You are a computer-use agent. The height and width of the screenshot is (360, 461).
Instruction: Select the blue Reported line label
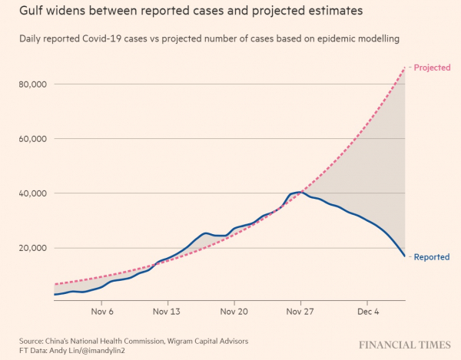pyautogui.click(x=432, y=257)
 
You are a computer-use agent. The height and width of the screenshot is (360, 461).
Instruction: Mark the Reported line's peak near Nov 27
pyautogui.click(x=302, y=192)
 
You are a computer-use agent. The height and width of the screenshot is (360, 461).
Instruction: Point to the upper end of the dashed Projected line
pyautogui.click(x=404, y=68)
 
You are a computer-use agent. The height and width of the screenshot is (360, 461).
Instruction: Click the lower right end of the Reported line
pyautogui.click(x=405, y=256)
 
